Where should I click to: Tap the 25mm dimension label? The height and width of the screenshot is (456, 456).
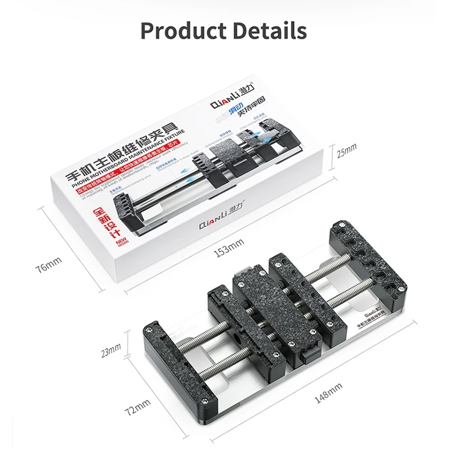346,150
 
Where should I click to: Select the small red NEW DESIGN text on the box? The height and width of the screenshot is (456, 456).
120,243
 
